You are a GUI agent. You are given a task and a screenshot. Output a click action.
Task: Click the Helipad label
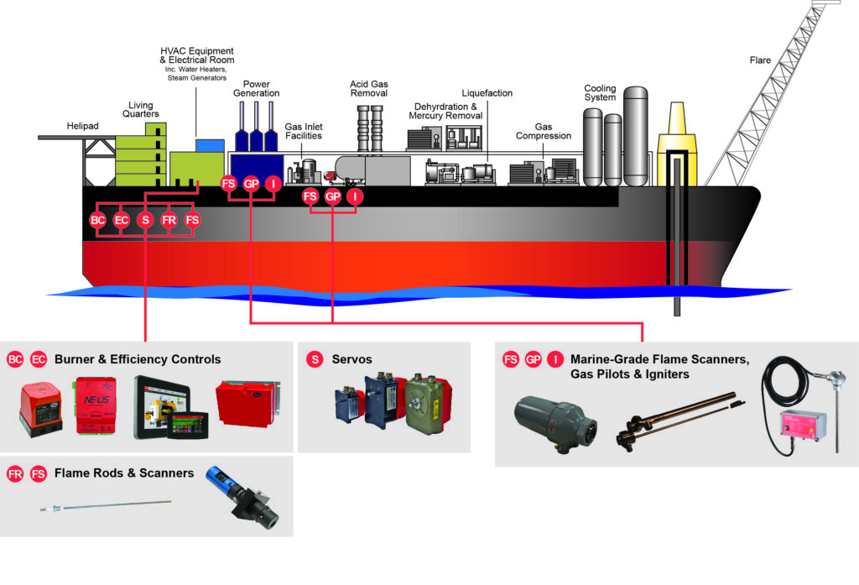click(x=83, y=126)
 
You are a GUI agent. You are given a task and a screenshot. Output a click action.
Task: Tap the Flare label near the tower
click(x=760, y=60)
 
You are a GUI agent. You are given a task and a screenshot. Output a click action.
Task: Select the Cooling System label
click(x=600, y=92)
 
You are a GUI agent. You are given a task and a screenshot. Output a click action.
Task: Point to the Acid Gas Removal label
click(x=369, y=89)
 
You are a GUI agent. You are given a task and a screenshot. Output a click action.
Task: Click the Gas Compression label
click(x=544, y=131)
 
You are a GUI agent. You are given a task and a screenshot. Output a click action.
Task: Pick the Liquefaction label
click(x=487, y=93)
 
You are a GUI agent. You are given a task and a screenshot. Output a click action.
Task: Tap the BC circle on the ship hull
click(x=97, y=221)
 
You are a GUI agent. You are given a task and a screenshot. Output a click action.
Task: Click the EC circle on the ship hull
click(x=121, y=221)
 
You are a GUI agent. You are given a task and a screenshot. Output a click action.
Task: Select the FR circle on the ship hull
click(x=169, y=221)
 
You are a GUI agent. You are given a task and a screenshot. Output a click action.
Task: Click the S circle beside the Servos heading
click(x=315, y=360)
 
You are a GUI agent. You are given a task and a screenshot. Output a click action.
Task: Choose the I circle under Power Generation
click(x=273, y=184)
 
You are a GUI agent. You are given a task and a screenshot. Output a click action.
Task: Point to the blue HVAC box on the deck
click(x=210, y=145)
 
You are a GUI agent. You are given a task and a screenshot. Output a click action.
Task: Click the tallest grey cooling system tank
click(x=636, y=136)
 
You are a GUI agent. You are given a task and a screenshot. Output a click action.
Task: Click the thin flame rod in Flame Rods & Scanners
click(x=106, y=505)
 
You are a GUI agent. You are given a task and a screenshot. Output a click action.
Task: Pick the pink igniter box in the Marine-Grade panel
click(x=803, y=424)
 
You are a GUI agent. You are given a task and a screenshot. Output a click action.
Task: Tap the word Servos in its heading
click(x=351, y=360)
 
